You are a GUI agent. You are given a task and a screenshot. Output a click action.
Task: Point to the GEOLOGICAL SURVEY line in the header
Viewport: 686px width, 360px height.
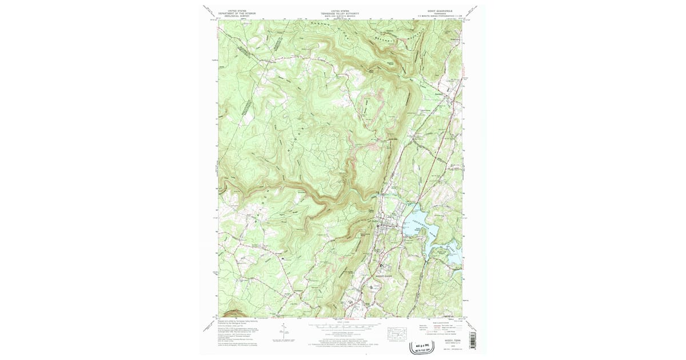point(241,15)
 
